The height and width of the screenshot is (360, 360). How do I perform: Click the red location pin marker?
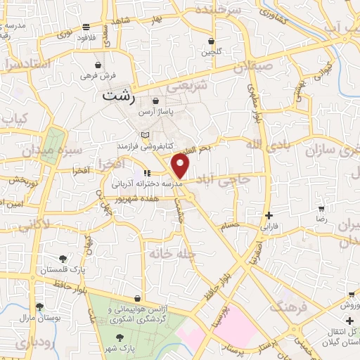pos(181,167)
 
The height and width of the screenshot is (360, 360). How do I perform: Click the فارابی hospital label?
pos(269,227)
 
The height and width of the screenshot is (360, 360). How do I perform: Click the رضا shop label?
pos(321,220)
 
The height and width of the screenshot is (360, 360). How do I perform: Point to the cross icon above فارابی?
pos(269,215)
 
